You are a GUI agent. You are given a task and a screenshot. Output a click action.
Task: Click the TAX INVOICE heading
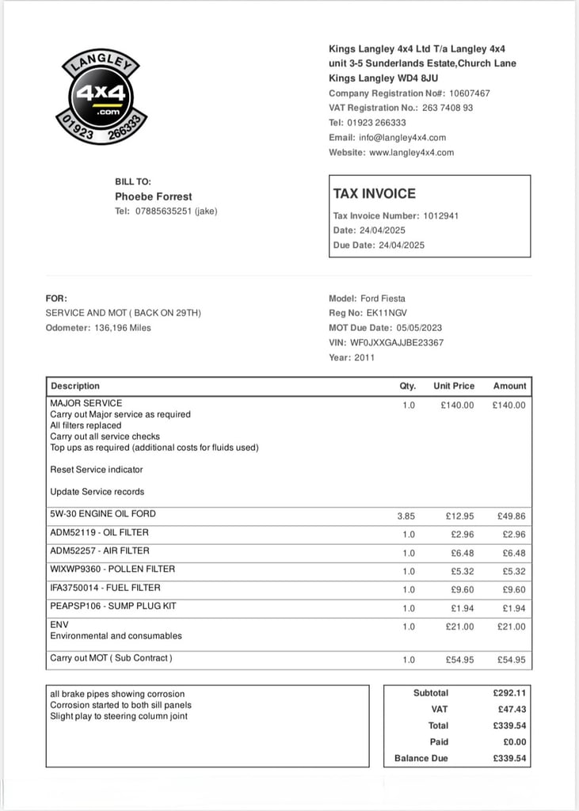374,193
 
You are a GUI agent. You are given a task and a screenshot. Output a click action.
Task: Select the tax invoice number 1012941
440,215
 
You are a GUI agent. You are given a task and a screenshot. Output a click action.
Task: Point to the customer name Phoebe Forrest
154,196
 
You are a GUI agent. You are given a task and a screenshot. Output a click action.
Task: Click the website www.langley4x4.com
411,152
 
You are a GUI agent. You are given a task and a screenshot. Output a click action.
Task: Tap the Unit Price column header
454,386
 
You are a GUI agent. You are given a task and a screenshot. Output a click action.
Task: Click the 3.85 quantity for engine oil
406,516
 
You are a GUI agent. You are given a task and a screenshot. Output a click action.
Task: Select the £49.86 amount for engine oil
511,516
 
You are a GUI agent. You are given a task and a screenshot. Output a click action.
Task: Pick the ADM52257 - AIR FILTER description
100,550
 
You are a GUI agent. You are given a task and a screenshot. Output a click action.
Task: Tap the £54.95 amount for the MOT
511,660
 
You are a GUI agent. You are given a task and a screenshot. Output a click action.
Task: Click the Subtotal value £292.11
509,693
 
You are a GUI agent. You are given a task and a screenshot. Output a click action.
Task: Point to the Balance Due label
421,758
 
